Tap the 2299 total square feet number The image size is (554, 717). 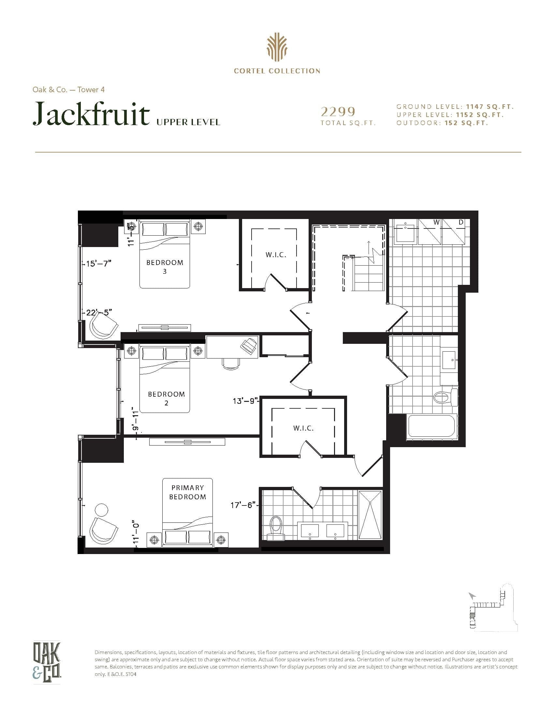click(338, 112)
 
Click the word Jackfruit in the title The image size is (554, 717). click(91, 114)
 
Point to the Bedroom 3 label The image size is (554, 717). click(165, 267)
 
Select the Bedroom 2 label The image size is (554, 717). click(167, 398)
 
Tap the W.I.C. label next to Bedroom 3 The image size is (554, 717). click(276, 255)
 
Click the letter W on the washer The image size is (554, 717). click(436, 222)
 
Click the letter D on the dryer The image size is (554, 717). click(461, 222)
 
